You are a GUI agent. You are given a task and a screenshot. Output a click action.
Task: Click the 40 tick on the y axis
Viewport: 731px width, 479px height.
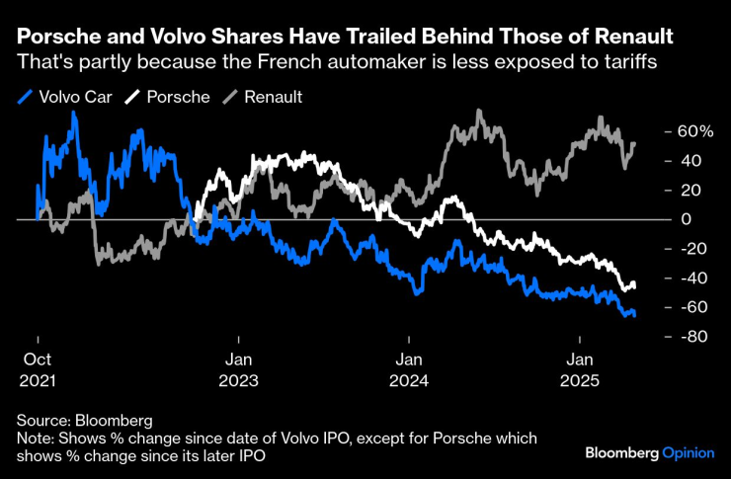click(666, 161)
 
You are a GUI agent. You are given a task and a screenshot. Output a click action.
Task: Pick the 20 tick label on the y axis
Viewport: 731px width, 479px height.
click(666, 190)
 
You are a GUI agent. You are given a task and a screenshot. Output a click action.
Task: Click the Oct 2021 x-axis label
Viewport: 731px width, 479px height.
click(37, 368)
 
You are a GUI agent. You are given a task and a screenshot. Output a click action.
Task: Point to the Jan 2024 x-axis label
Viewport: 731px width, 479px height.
click(410, 368)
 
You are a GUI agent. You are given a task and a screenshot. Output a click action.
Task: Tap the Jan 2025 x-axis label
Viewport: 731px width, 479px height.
click(580, 368)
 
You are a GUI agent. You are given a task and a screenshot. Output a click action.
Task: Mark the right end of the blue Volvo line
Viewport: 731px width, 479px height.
click(634, 314)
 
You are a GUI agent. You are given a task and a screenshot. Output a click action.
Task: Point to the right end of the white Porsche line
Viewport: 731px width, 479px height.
click(634, 286)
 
